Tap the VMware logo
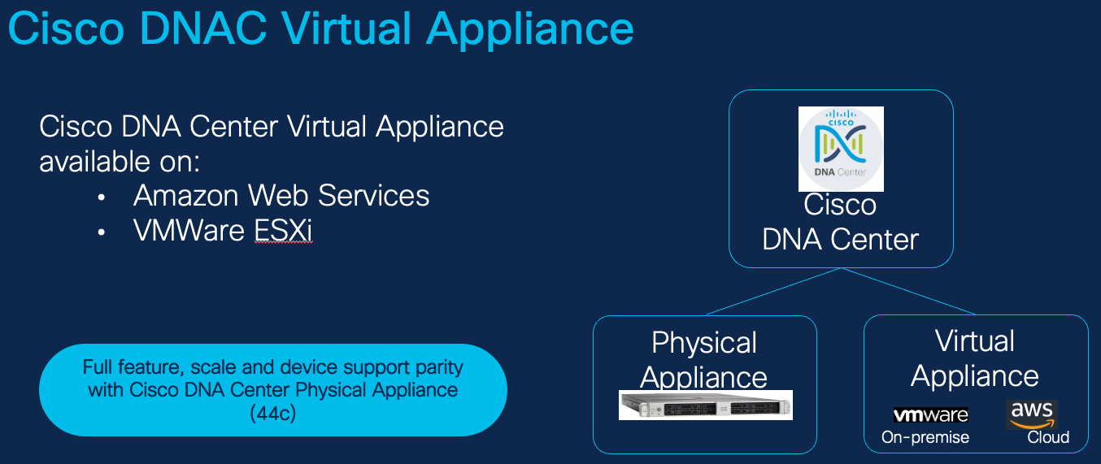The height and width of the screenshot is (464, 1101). [x=930, y=415]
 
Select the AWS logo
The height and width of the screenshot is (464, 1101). [x=1031, y=414]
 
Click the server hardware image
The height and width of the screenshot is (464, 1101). [x=705, y=405]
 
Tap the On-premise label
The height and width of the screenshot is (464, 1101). [x=925, y=437]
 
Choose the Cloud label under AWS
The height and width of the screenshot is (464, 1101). [x=1048, y=437]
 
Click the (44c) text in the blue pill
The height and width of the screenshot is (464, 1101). [x=272, y=413]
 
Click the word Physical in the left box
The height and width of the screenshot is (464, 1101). [x=704, y=343]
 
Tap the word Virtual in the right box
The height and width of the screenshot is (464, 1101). [x=975, y=341]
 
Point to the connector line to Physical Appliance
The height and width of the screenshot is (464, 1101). [x=772, y=290]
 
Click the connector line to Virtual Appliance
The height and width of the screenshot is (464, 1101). [x=909, y=290]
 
